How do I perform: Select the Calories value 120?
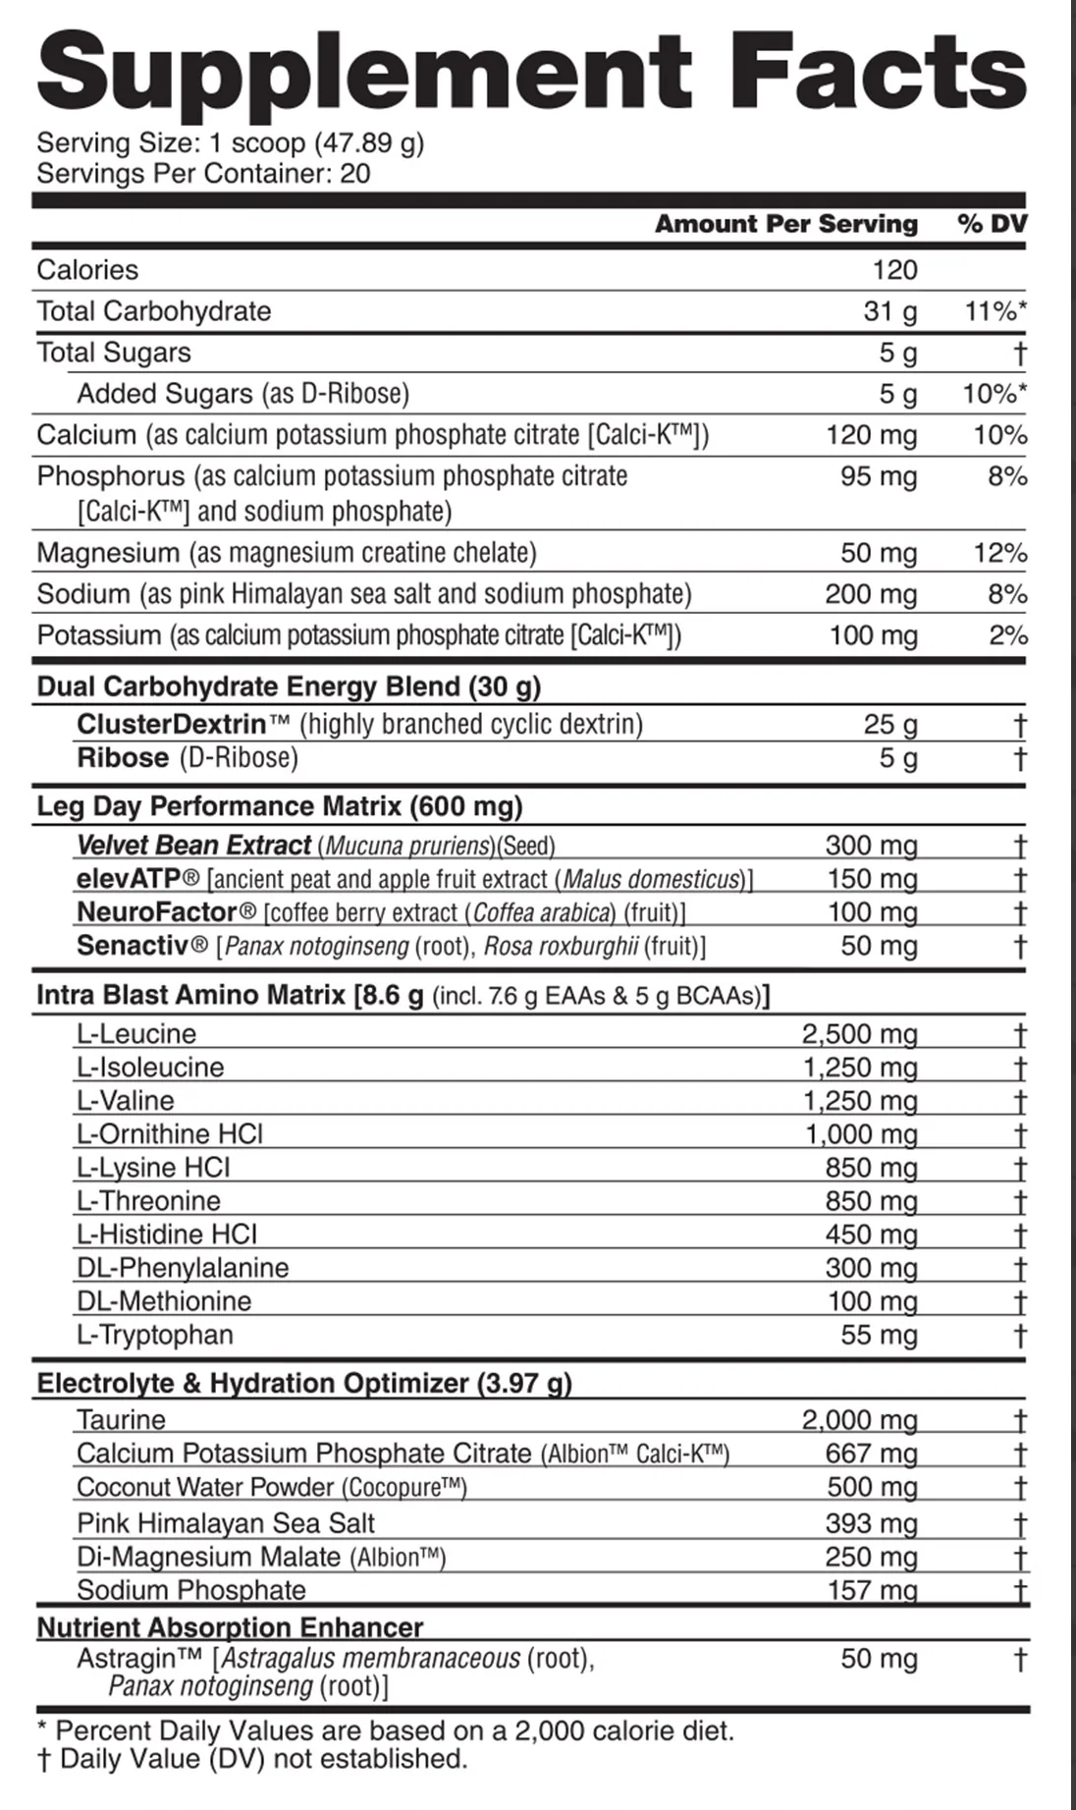tap(893, 270)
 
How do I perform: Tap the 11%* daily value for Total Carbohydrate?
tap(995, 311)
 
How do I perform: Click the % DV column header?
tap(992, 224)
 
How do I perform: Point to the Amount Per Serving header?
tap(786, 224)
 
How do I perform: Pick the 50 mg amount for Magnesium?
tap(879, 553)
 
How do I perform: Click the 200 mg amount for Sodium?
tap(873, 594)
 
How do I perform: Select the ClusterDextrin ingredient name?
tap(172, 725)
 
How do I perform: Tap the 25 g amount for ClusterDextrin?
tap(890, 725)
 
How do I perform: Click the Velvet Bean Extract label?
tap(193, 845)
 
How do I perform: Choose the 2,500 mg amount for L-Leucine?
tap(859, 1033)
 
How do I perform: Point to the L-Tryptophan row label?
tap(155, 1335)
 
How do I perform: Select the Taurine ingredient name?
tap(121, 1419)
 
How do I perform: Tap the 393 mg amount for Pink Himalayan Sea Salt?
tap(872, 1523)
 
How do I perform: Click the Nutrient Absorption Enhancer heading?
tap(230, 1627)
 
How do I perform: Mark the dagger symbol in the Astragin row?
tap(1020, 1660)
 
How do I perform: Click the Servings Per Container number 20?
tap(355, 174)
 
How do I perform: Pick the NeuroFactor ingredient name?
tap(157, 912)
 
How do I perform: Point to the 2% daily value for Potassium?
tap(1007, 635)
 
